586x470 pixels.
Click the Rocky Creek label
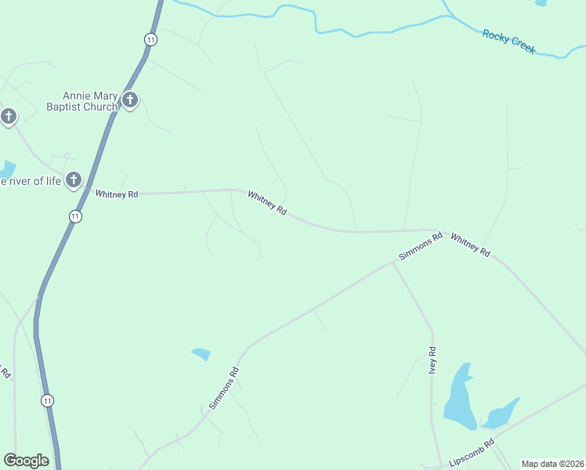point(508,41)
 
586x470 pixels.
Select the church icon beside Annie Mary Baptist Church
point(130,100)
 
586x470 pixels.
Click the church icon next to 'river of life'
point(74,180)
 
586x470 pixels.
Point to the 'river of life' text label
point(31,182)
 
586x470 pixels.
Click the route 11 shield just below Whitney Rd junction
point(75,216)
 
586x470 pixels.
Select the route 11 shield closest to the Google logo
point(48,400)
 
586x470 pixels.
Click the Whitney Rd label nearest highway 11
point(116,193)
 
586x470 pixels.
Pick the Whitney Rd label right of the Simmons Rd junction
point(471,243)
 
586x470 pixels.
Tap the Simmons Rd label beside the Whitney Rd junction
point(421,245)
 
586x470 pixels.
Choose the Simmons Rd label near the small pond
point(222,389)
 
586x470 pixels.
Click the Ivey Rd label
point(432,360)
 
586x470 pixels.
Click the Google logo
point(26,461)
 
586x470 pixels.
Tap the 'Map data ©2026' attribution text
point(552,464)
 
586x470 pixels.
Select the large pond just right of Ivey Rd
point(459,399)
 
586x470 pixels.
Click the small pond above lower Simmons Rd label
point(201,354)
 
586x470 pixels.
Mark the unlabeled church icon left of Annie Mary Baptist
point(8,117)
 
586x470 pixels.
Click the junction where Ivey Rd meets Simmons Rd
point(393,264)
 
